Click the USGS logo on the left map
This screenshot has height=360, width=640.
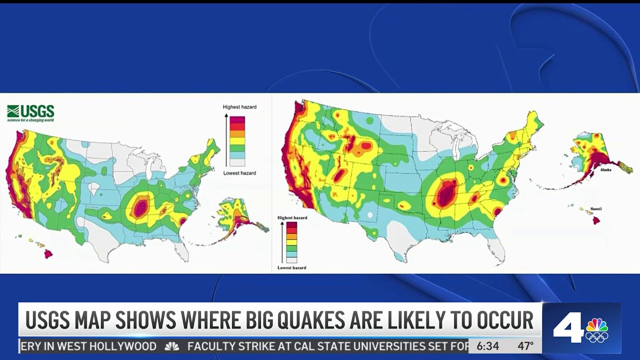click(30, 113)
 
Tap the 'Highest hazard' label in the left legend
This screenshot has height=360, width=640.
click(239, 107)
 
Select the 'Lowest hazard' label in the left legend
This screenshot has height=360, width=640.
click(239, 173)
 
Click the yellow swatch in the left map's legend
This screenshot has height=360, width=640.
click(237, 141)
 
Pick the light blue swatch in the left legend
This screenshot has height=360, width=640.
click(237, 155)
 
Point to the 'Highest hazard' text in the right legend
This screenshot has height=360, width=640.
click(292, 218)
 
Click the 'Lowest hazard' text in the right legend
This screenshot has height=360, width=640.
click(292, 268)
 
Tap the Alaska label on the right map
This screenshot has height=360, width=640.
click(606, 170)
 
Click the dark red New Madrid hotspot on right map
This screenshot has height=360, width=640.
click(444, 193)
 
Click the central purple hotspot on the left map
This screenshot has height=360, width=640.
click(140, 206)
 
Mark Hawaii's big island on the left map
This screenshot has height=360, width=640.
click(48, 254)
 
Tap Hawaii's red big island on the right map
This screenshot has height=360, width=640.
click(596, 220)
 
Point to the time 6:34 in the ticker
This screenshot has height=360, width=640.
click(487, 346)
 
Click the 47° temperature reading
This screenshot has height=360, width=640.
click(525, 346)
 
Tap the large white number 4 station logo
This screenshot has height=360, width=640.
click(567, 328)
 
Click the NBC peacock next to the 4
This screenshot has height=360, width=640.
click(597, 329)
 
